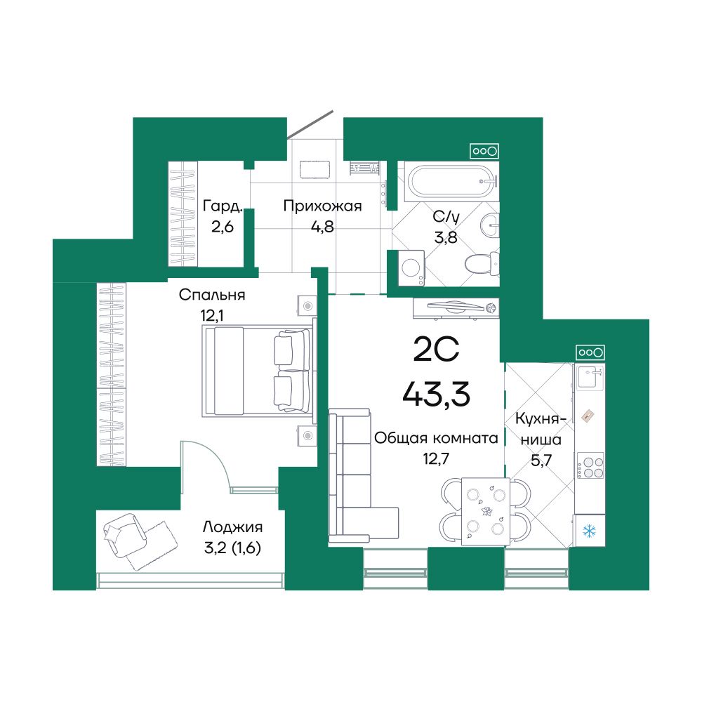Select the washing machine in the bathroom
pyautogui.click(x=411, y=267)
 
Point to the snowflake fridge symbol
pyautogui.click(x=589, y=531)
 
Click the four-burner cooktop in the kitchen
pyautogui.click(x=590, y=465)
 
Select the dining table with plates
pyautogui.click(x=485, y=511)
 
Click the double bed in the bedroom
pyautogui.click(x=256, y=371)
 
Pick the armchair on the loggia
pyautogui.click(x=126, y=536)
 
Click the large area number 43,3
pyautogui.click(x=436, y=394)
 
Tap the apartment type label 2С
pyautogui.click(x=436, y=350)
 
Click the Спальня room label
pyautogui.click(x=212, y=295)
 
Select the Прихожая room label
pyautogui.click(x=322, y=206)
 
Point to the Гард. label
pyautogui.click(x=223, y=206)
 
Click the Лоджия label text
pyautogui.click(x=232, y=527)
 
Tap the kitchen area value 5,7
pyautogui.click(x=541, y=460)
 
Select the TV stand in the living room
pyautogui.click(x=456, y=308)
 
